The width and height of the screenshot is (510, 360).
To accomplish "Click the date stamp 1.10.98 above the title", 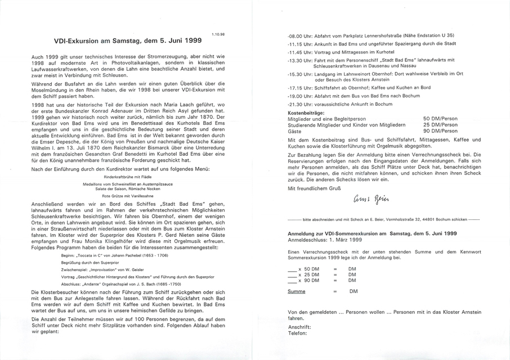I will click(218, 34).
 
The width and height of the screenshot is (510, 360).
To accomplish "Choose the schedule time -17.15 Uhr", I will click(298, 88).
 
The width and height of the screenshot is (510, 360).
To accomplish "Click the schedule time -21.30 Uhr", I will click(298, 103).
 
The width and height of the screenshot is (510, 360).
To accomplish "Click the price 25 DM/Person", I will click(440, 125).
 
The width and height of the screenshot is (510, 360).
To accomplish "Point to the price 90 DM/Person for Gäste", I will click(440, 131).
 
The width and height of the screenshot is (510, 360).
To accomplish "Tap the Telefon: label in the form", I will click(298, 332).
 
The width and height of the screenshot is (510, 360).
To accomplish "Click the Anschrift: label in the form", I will click(299, 326).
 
